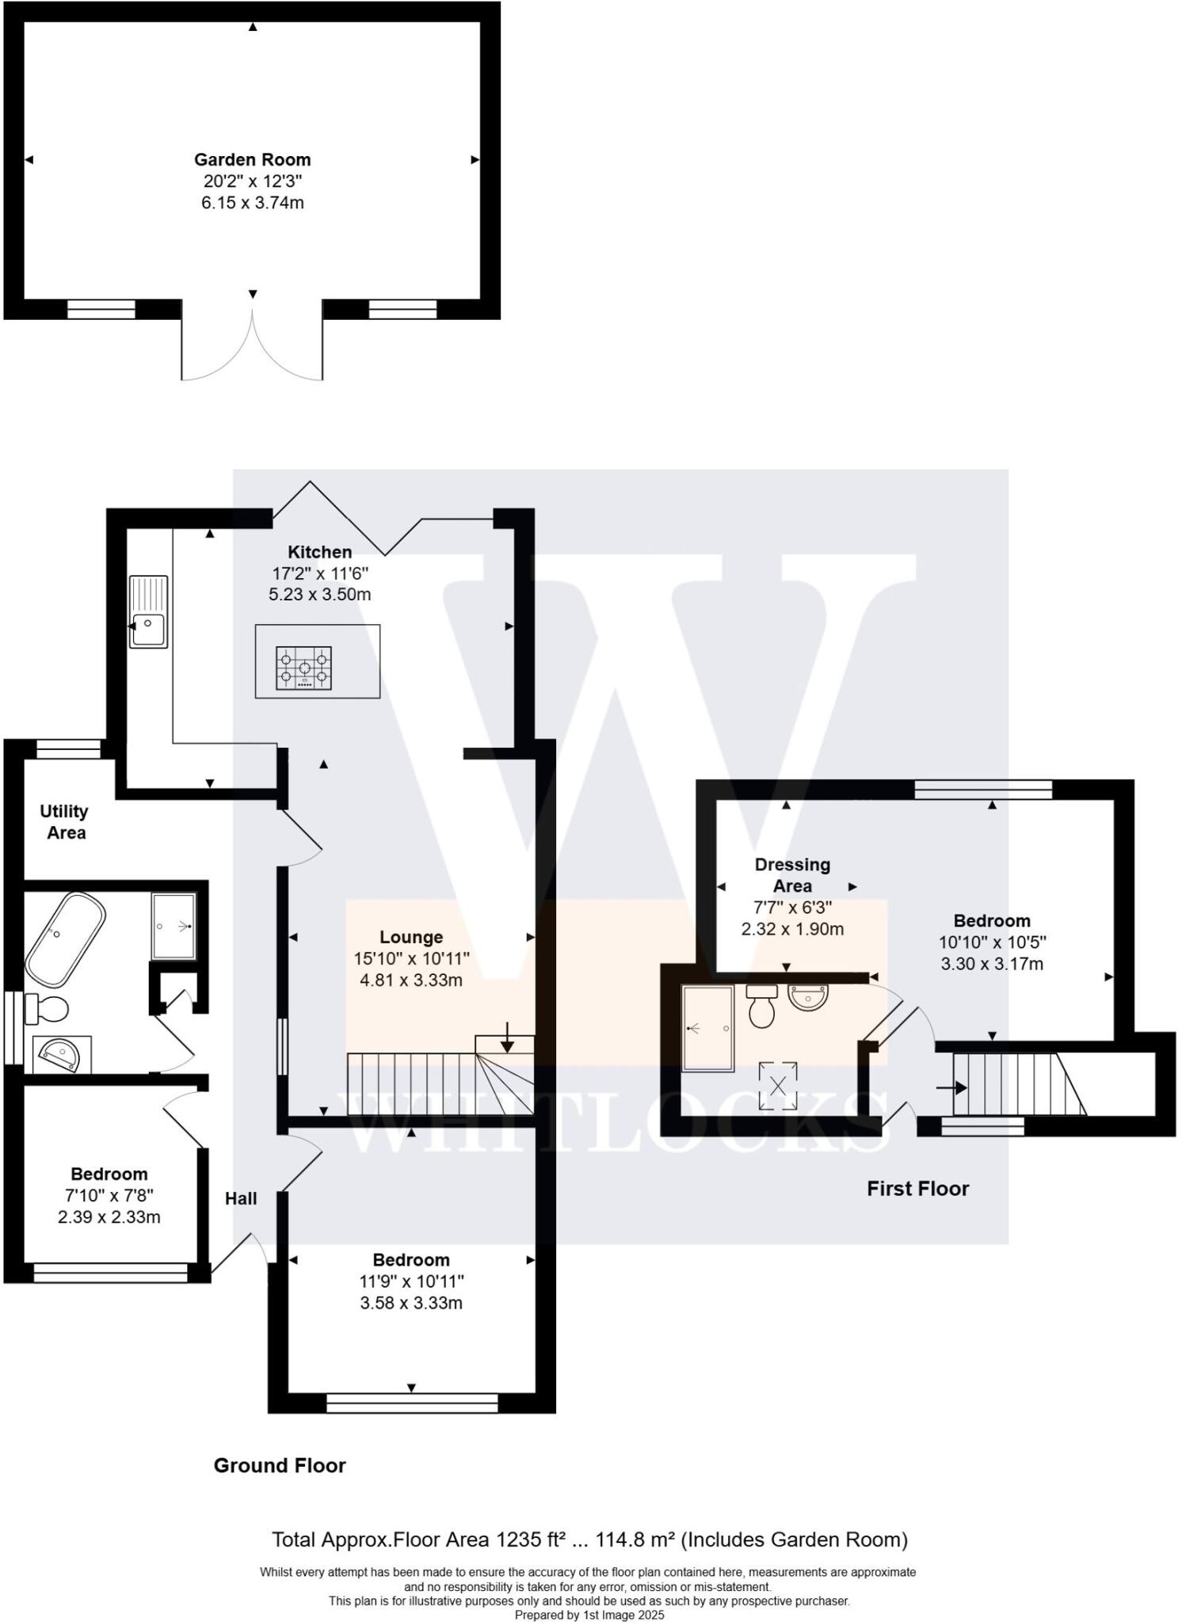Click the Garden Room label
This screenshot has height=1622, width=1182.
point(252,160)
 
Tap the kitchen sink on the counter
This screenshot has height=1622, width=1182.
point(149,612)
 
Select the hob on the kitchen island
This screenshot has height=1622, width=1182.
point(304,668)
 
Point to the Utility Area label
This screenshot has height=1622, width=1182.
point(66,822)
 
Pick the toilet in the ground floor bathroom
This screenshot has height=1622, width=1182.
point(49,1010)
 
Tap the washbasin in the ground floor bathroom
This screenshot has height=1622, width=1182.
point(61,1055)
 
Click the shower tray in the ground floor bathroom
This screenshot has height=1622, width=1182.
point(173,926)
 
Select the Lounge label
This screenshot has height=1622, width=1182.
point(410,937)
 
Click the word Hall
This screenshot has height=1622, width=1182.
point(241,1198)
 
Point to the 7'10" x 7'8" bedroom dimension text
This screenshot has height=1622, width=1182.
point(109,1195)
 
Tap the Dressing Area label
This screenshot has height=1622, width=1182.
point(791,875)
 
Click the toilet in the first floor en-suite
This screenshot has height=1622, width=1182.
point(762,1007)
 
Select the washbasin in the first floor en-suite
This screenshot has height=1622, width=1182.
point(807,997)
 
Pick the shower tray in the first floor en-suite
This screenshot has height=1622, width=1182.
point(707,1028)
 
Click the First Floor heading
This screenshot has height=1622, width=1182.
point(917,1188)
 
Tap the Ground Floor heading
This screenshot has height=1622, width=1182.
point(280,1465)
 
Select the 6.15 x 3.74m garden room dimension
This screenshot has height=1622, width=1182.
point(252,203)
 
